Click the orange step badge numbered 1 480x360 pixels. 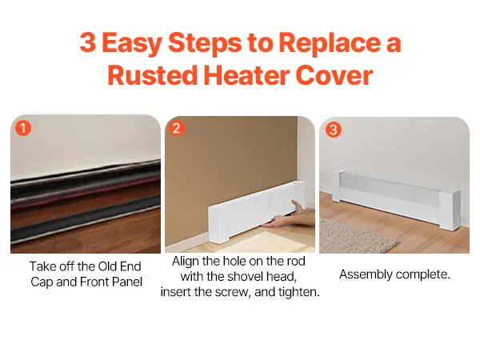coord(23,128)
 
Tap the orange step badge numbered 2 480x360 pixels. coord(177,128)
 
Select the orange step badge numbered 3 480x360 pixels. coord(334,130)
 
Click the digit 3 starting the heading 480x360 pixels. coord(88,42)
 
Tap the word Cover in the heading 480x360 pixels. coord(334,75)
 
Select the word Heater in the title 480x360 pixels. coord(246,75)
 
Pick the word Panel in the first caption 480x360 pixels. coord(127,282)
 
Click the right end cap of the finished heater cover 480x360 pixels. coord(450,210)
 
